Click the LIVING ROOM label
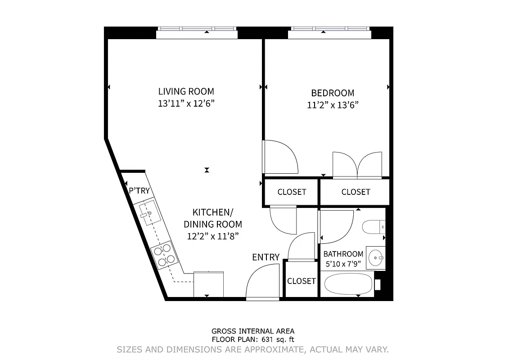point(186,91)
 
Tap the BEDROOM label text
point(333,93)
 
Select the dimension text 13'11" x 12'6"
point(186,103)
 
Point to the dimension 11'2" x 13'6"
point(333,105)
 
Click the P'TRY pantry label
point(139,191)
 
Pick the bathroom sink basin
point(375,258)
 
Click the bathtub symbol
point(349,284)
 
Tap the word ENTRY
point(266,257)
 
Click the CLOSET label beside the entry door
point(301,281)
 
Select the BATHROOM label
point(343,254)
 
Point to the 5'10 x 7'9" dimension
point(343,264)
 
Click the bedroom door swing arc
point(281,157)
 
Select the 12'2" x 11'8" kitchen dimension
point(212,236)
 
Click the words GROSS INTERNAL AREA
point(253,332)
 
